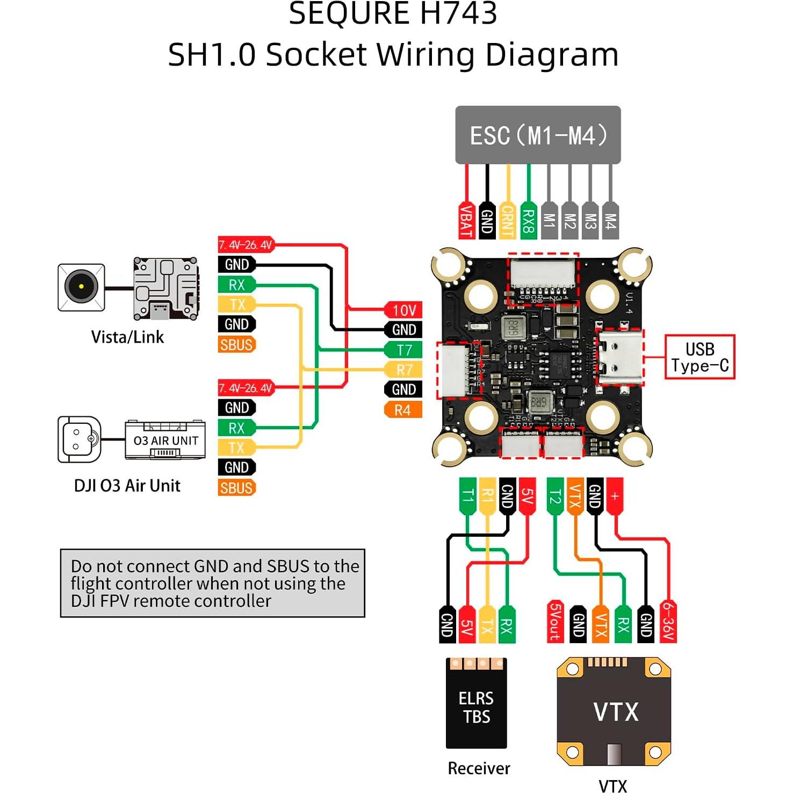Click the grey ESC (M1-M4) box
[538, 135]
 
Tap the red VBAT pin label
[466, 221]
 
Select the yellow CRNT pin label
[508, 221]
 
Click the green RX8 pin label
[529, 221]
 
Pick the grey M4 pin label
[610, 221]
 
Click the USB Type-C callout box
[700, 357]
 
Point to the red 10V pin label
[403, 310]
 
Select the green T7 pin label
[403, 350]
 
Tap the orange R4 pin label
[403, 410]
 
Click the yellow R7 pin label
[403, 370]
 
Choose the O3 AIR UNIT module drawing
[165, 440]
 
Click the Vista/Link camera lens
[81, 286]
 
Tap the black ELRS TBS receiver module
[476, 704]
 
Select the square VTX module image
[614, 711]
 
